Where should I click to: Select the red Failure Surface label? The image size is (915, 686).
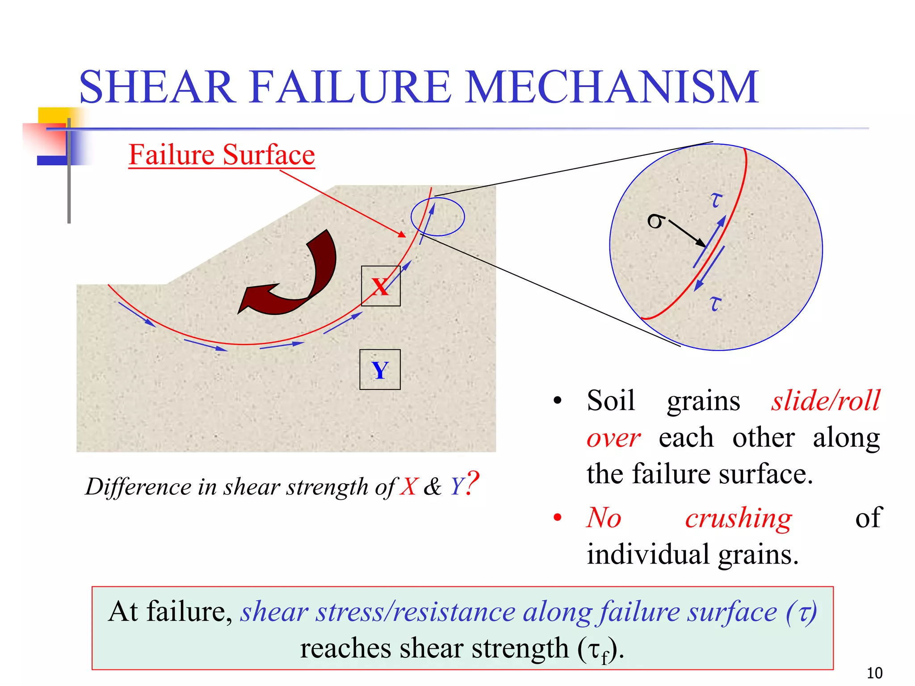(x=222, y=155)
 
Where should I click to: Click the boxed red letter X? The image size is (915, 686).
(x=380, y=287)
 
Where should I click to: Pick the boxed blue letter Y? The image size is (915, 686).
(x=380, y=370)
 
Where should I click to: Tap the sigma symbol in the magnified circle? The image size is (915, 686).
(x=655, y=221)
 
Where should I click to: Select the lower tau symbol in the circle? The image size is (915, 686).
(x=715, y=303)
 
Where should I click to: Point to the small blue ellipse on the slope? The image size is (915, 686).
(x=437, y=217)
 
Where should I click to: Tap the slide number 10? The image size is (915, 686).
(x=874, y=673)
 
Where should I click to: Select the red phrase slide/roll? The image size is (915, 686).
(x=826, y=400)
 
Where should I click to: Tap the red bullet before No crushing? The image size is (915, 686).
(x=557, y=518)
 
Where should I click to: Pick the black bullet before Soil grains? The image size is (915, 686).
(x=557, y=401)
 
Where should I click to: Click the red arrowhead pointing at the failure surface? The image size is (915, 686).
(x=402, y=234)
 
